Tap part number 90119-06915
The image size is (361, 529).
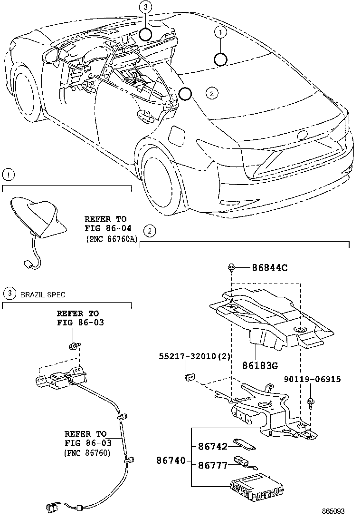[312, 379]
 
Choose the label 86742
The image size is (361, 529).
[210, 446]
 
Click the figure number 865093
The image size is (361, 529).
[332, 511]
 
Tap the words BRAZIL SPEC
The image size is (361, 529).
[43, 294]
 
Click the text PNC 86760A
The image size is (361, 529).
[112, 239]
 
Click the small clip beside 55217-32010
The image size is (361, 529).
[189, 377]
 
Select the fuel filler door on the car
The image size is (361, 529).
[177, 135]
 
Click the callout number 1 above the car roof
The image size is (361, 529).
[220, 32]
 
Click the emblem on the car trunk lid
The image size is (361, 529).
[302, 135]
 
